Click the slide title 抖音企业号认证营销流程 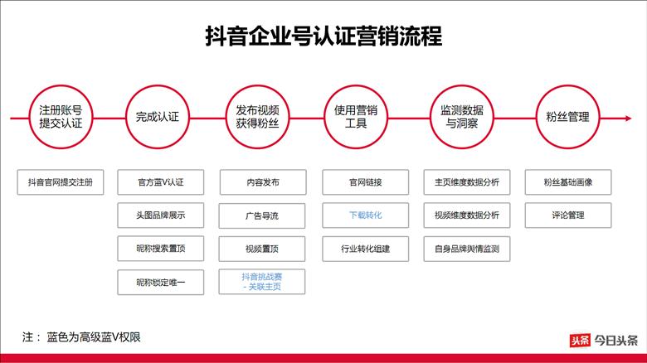click(x=323, y=36)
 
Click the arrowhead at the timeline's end click(x=629, y=119)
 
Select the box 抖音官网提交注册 click(x=61, y=181)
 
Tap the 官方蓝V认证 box click(x=161, y=181)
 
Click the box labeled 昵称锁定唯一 click(x=161, y=282)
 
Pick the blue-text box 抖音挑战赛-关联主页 click(x=262, y=282)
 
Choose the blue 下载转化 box click(x=366, y=215)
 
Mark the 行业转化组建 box click(x=366, y=249)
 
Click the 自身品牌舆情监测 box click(x=467, y=249)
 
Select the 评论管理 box click(x=568, y=215)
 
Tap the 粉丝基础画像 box click(x=568, y=181)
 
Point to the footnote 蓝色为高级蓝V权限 click(x=94, y=337)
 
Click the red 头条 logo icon click(x=580, y=341)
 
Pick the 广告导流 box click(x=262, y=215)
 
